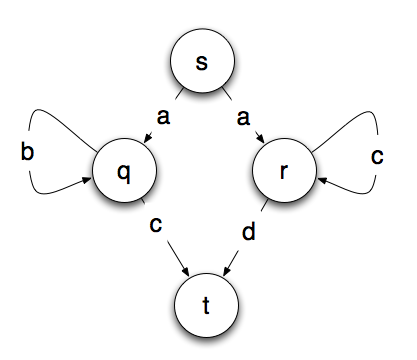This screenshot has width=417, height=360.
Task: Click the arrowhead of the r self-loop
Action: point(321,180)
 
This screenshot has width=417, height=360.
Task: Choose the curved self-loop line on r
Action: point(372,125)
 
